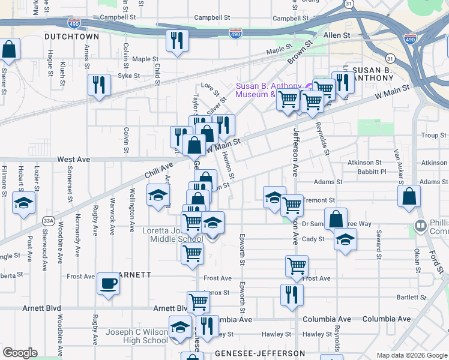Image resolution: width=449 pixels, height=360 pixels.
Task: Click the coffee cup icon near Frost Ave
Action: click(x=108, y=283)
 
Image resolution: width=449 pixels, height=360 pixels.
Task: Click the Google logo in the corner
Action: click(x=20, y=353)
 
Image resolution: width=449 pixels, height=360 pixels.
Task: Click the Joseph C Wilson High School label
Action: click(x=137, y=336)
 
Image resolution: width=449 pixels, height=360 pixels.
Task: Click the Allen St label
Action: click(x=337, y=36)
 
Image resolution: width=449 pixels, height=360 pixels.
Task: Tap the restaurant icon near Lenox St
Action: click(x=292, y=295)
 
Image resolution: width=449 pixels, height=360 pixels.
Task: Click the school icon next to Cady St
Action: click(x=345, y=240)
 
